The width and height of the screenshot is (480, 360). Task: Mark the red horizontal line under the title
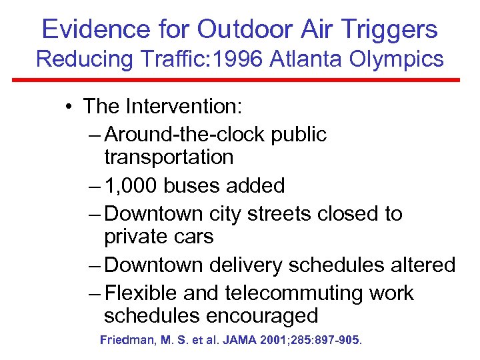coord(240,80)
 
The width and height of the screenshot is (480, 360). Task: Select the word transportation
coord(169,157)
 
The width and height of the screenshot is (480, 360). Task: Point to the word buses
coord(195,185)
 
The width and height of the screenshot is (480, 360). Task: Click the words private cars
coord(159,237)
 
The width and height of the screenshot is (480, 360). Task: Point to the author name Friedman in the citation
coord(128,340)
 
